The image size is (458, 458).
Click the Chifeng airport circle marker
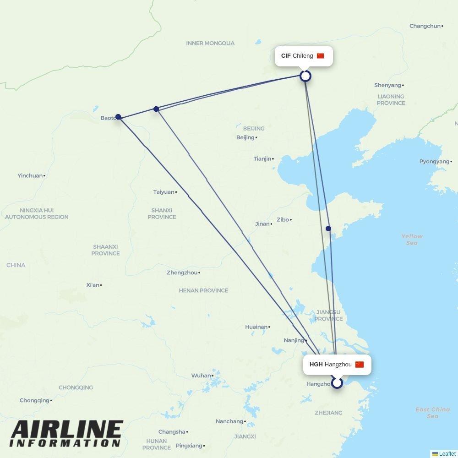[305, 76]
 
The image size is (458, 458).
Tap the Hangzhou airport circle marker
[337, 382]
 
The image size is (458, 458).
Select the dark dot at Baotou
[118, 117]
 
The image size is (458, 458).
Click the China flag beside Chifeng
[320, 56]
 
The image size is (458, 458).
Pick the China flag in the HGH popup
[359, 365]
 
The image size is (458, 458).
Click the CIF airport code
[286, 56]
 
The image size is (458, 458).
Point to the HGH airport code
[316, 365]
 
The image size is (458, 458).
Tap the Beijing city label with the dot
[246, 137]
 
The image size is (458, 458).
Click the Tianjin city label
[263, 159]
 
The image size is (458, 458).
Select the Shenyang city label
[388, 85]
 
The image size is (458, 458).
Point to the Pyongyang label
[435, 161]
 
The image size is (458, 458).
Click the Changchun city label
[425, 26]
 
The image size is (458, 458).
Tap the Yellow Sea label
[412, 240]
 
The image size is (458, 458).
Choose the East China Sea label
[432, 413]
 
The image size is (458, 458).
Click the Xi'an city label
[93, 285]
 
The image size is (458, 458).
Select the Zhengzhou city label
[182, 273]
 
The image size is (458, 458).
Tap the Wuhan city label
[202, 376]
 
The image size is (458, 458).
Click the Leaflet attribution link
[447, 454]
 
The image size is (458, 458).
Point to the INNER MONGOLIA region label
[210, 43]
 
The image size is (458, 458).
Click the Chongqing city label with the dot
[35, 400]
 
